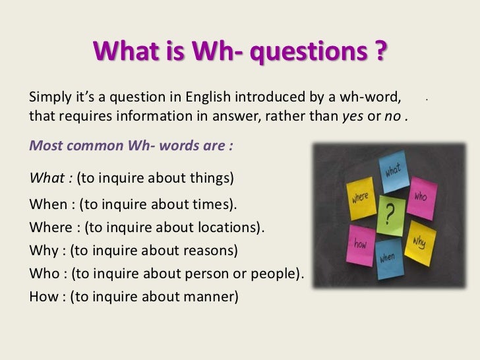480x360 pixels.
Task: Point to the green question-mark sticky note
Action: (x=390, y=215)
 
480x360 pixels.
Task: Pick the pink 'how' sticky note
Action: (x=362, y=245)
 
